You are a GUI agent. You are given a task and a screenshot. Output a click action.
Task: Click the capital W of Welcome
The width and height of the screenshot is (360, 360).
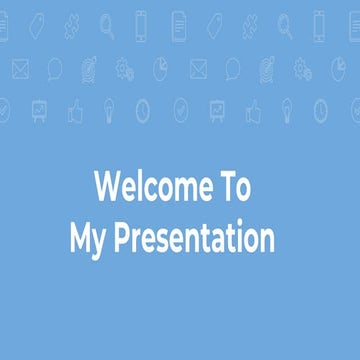click(x=106, y=187)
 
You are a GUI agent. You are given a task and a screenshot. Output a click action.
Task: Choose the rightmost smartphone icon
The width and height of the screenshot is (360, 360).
click(x=319, y=23)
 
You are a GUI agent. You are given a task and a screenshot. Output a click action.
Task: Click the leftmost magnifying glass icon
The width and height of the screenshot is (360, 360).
click(x=106, y=25)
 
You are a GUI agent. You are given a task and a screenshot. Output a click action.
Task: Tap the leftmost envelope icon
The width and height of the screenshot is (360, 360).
click(x=20, y=68)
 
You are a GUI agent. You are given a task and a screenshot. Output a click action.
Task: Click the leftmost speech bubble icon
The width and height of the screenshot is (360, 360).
click(x=55, y=68)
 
